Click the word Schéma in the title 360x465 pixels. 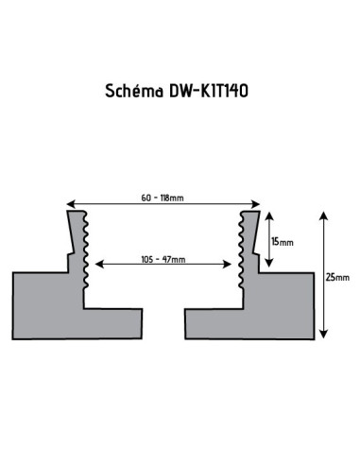(134, 91)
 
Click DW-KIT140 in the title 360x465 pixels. (209, 91)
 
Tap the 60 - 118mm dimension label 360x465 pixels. (163, 198)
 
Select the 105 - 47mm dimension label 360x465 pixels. (163, 259)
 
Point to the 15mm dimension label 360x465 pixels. (283, 242)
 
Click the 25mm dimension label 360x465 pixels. (337, 277)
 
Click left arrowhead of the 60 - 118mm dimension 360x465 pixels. (70, 204)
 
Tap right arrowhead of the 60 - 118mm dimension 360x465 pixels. (256, 204)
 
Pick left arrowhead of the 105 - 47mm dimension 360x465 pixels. (99, 264)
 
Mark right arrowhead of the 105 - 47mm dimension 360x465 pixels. (228, 264)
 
